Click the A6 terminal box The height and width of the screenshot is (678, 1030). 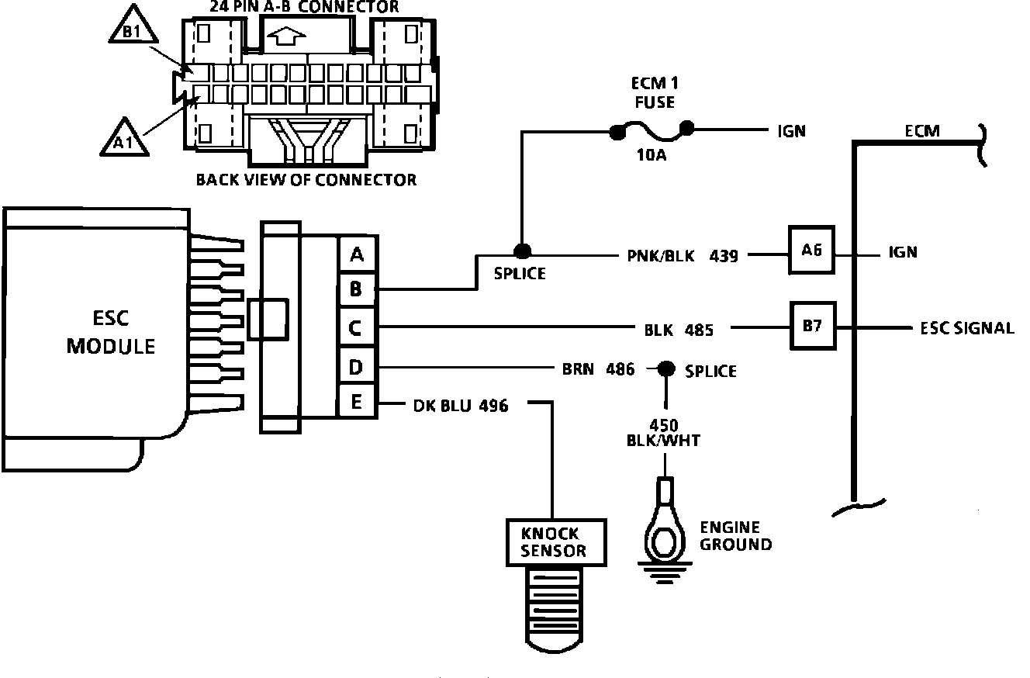[811, 250]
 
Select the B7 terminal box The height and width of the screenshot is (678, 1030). [813, 326]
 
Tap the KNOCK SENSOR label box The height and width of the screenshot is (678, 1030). [556, 542]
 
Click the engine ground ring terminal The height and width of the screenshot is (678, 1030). [665, 529]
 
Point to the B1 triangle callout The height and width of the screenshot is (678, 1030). [133, 28]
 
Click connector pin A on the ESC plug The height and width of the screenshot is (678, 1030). [357, 254]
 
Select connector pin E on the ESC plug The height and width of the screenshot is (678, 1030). [357, 402]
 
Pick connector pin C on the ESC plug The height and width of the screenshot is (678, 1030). [356, 328]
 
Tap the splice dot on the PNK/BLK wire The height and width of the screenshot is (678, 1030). [522, 251]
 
